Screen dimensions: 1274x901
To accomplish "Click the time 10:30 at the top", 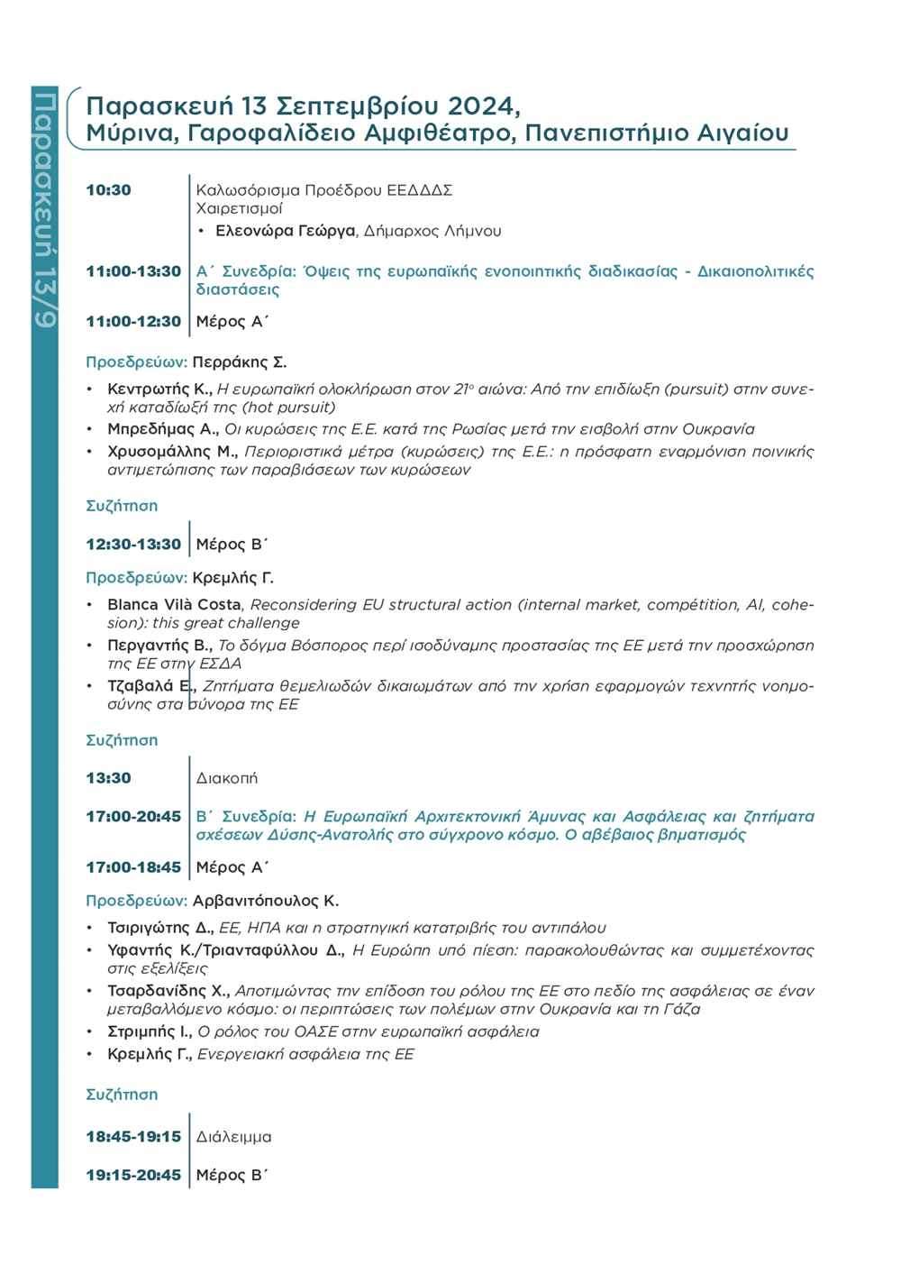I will tap(108, 190).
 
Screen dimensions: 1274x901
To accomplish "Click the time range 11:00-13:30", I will tap(133, 271).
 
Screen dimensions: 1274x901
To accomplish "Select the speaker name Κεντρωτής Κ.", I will tap(159, 390).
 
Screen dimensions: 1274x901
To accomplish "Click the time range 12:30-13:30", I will tap(133, 545).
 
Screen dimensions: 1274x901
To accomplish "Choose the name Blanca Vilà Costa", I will tap(174, 604).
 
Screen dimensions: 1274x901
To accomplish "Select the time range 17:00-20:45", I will tap(133, 817).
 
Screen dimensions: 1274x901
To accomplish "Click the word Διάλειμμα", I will tap(234, 1137).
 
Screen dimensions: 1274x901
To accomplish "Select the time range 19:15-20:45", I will tap(133, 1176).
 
